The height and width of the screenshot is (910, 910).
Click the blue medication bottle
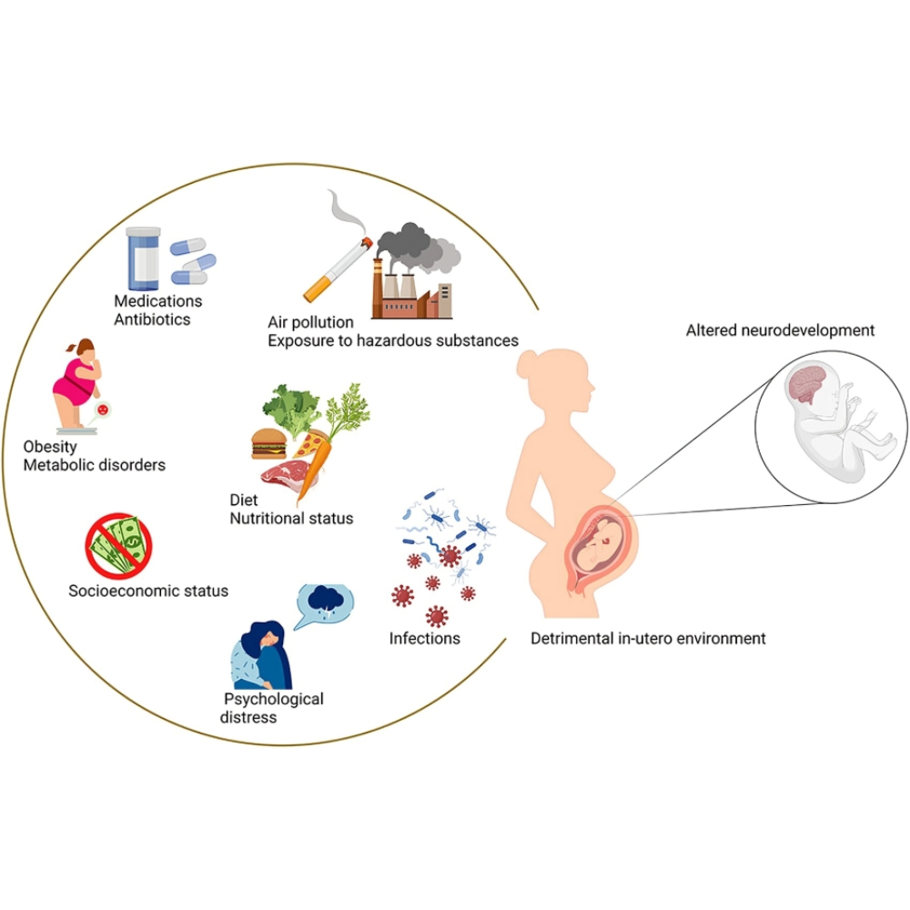143,258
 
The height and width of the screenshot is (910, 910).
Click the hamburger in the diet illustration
270,443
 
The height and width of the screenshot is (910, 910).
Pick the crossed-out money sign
119,547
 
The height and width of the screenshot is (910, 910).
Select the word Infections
424,638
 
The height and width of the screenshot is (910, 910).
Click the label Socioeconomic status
148,591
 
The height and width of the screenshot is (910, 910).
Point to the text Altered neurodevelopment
780,330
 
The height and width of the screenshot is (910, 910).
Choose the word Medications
158,300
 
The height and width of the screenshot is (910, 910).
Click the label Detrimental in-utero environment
648,638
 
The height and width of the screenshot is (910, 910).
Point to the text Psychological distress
273,708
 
